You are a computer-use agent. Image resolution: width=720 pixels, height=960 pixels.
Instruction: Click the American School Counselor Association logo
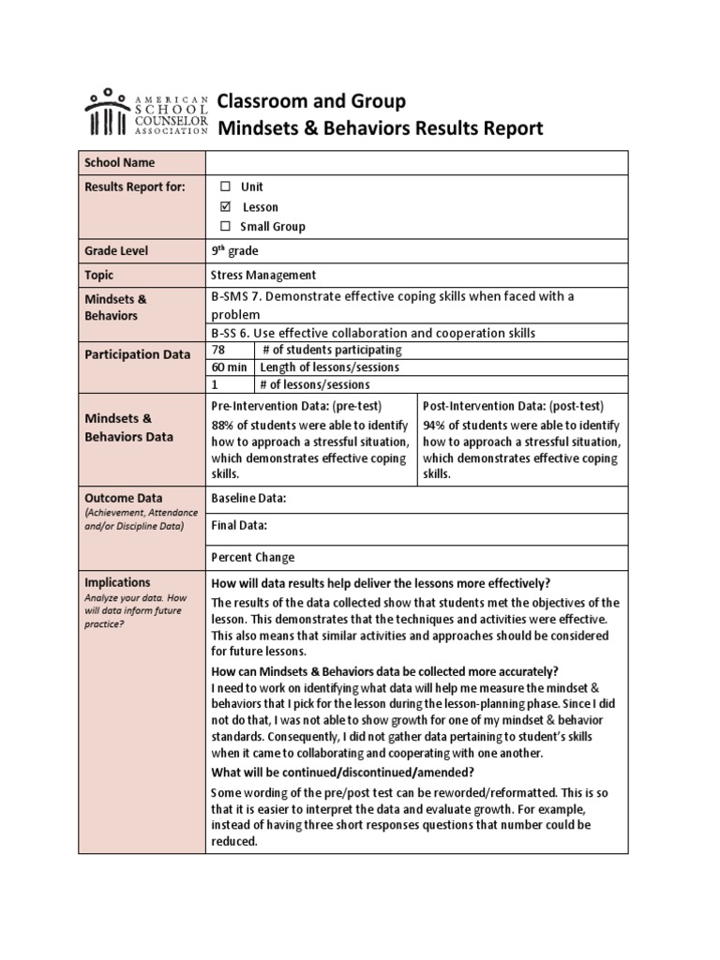coord(146,112)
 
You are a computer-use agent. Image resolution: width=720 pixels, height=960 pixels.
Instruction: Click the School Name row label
coord(119,162)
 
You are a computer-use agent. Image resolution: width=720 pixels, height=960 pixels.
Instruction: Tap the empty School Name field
coord(417,162)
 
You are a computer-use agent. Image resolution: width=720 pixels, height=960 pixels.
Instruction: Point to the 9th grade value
coord(235,250)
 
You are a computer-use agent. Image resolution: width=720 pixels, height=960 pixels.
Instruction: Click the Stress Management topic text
coord(264,275)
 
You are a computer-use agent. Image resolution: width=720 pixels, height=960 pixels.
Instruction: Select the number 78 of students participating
coord(219,350)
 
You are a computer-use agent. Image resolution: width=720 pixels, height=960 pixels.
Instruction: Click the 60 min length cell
coord(230,367)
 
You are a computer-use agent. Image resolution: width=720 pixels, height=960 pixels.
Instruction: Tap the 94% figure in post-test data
coord(435,424)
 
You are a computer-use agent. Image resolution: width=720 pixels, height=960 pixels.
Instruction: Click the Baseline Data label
coord(248,499)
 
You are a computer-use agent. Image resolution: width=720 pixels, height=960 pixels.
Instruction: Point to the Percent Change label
coord(253,557)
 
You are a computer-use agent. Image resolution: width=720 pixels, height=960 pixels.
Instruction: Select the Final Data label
coord(240,525)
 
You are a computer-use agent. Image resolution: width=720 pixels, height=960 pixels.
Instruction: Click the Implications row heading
coord(117,582)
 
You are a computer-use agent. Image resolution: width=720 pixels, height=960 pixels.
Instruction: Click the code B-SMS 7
coord(240,297)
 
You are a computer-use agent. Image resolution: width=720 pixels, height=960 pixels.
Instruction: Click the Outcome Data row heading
coord(124,498)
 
